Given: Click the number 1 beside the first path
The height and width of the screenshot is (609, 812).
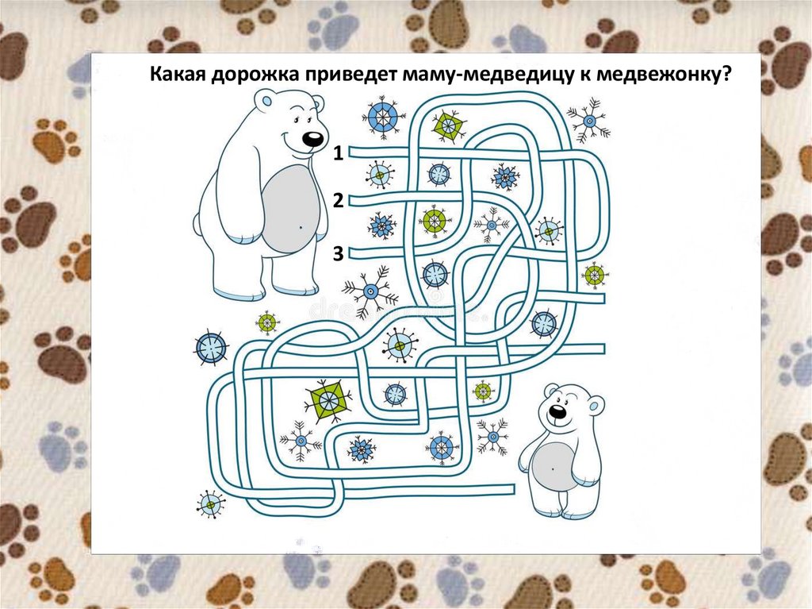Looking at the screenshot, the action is (338, 153).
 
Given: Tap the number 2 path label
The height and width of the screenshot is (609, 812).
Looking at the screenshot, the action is (338, 200).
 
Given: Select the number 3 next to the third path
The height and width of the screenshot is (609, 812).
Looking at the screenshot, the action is (338, 253).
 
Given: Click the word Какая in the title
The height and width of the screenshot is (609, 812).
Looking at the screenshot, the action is (178, 75).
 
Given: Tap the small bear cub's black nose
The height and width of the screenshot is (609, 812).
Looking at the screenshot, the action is (557, 411).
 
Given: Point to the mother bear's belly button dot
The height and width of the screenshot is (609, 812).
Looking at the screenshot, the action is (301, 227).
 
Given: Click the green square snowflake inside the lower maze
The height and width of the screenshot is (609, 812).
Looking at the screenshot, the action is (327, 400).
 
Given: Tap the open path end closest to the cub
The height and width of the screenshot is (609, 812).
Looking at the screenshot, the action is (514, 489).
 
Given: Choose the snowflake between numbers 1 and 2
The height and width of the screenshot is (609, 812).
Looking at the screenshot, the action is (380, 175).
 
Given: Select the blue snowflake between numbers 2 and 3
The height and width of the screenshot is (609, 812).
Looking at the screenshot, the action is (381, 225).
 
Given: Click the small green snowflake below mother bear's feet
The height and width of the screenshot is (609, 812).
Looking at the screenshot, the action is (268, 322).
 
